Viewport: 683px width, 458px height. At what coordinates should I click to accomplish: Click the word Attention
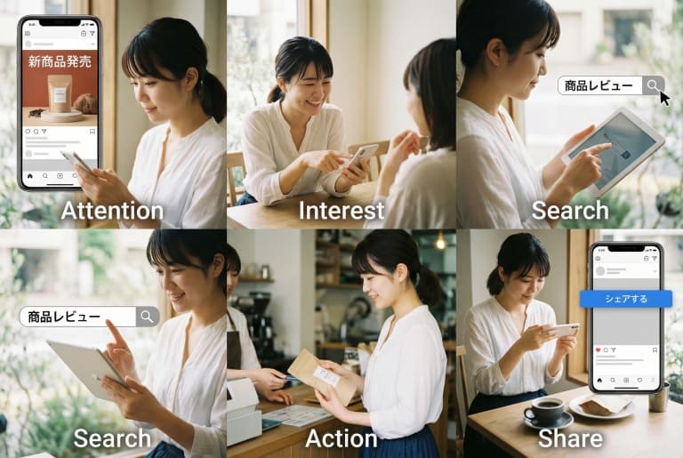112,211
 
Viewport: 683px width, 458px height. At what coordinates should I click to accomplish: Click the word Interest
341,211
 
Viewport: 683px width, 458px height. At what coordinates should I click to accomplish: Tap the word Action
341,438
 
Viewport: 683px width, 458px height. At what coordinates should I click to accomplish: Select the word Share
570,438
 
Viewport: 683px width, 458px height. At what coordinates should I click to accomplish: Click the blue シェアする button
626,299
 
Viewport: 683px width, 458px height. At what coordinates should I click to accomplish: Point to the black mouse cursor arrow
664,99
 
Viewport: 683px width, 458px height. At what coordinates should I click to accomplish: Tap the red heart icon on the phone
598,350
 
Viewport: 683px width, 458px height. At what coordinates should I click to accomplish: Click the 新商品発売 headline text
60,61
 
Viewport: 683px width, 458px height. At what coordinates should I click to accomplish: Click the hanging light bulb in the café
440,242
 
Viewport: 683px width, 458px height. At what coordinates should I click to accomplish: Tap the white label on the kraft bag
326,375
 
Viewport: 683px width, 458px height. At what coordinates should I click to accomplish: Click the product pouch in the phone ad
60,93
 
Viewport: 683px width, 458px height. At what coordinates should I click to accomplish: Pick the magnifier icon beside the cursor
653,85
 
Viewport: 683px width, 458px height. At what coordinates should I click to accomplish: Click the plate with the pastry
601,407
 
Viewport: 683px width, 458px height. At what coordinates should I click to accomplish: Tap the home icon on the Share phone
599,381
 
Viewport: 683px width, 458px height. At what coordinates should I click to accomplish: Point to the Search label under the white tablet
570,211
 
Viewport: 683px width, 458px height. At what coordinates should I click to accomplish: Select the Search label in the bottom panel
112,438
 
